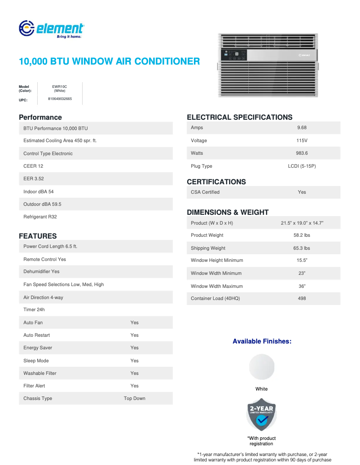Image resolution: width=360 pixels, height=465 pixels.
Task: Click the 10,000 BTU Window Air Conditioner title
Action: point(109,61)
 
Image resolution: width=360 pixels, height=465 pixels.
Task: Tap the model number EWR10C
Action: point(59,87)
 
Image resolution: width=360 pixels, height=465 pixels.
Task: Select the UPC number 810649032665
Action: point(60,99)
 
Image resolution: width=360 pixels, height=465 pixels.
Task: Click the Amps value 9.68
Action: point(302,128)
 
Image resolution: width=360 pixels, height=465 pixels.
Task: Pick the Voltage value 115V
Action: point(302,141)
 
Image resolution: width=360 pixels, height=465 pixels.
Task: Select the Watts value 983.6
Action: point(302,153)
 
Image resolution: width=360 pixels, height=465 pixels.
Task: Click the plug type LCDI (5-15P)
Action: point(302,166)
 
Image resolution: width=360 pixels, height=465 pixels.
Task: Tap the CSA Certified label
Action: point(205,192)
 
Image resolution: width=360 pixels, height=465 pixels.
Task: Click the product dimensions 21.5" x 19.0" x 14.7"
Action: point(302,223)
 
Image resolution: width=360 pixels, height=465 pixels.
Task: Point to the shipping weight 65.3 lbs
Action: point(302,248)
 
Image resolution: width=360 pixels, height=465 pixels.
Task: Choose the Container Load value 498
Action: point(302,299)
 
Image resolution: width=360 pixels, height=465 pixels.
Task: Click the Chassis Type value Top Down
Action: point(134,399)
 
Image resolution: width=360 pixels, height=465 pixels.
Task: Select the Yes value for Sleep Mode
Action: point(134,361)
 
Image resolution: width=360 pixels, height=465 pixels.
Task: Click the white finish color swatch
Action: point(261,367)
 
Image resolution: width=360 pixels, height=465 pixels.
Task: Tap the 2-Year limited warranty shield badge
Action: point(261,415)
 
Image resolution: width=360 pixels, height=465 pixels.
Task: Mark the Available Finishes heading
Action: point(262,342)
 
